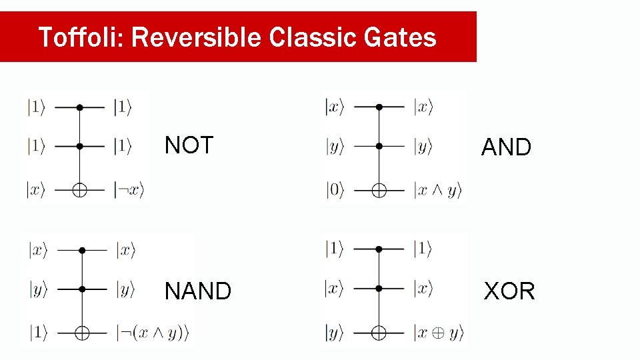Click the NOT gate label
[x=189, y=145]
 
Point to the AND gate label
[x=506, y=147]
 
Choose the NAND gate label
[x=198, y=291]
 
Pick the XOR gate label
[x=509, y=291]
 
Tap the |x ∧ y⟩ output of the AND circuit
[x=437, y=191]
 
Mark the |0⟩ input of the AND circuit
[x=335, y=191]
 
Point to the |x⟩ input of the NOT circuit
[x=36, y=190]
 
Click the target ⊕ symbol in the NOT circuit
[x=79, y=190]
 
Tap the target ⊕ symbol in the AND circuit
[x=379, y=191]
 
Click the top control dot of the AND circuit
[x=379, y=107]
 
